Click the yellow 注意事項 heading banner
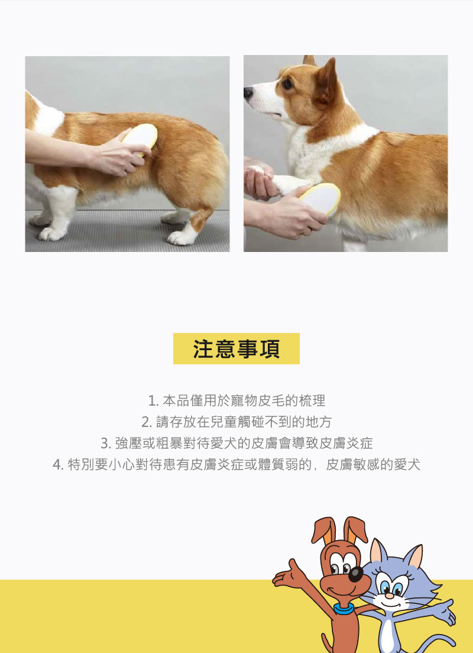[236, 348]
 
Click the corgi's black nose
[248, 92]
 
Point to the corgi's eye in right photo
[287, 84]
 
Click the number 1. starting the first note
[153, 401]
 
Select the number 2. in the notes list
[147, 422]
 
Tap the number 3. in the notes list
[106, 444]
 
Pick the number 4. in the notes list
[59, 465]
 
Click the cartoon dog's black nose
[355, 574]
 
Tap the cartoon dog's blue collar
[344, 609]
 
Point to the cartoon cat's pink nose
[389, 596]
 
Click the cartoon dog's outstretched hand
[287, 574]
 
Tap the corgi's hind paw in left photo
[181, 238]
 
